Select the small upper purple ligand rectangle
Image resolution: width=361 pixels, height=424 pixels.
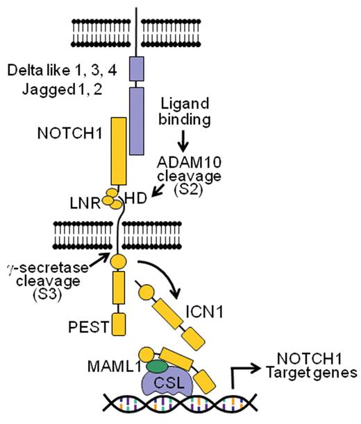point(136,70)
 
